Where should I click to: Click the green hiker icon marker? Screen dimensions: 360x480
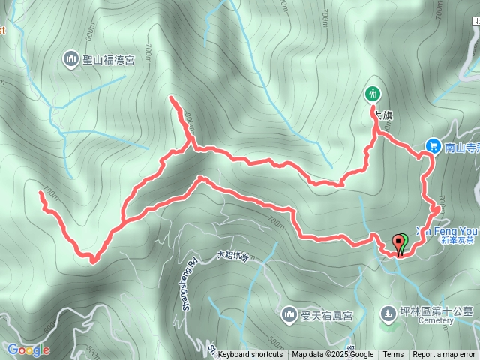[x=373, y=94]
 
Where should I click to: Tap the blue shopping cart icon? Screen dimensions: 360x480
[x=433, y=146]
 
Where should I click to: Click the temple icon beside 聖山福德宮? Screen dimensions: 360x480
[x=71, y=58]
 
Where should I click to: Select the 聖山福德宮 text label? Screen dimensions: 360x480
[x=109, y=59]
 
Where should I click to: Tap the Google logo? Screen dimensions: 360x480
[x=28, y=349]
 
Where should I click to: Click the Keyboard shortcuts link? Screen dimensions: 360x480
[x=250, y=355]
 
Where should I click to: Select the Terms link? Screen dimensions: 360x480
[x=393, y=355]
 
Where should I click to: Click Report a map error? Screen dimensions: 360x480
[x=444, y=355]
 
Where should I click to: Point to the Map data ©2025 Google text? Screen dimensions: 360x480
[x=332, y=355]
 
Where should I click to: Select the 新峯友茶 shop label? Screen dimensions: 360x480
[x=457, y=241]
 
